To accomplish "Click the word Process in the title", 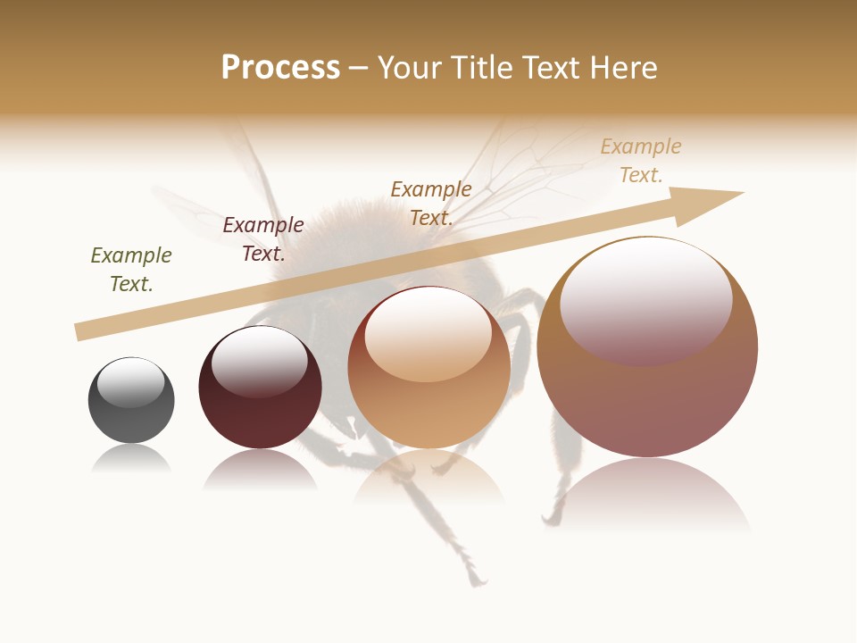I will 280,68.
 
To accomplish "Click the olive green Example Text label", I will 131,270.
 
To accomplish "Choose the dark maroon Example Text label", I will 263,239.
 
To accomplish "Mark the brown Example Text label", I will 431,203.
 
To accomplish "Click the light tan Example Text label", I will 641,161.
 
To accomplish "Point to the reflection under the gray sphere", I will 131,459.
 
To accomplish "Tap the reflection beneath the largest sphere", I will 647,496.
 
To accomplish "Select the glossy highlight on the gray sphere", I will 131,382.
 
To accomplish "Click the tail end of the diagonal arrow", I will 82,331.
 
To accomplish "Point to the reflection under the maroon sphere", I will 260,470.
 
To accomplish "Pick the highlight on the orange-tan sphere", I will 428,335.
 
